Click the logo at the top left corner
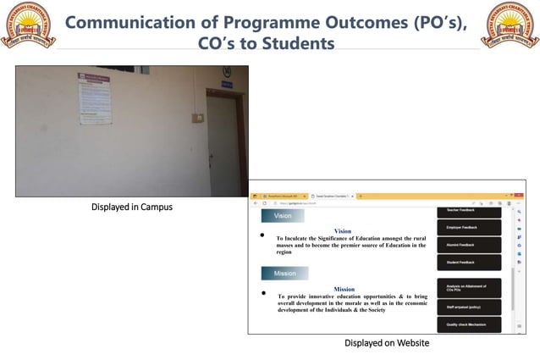(27, 25)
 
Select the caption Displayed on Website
(387, 343)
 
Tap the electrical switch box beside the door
(197, 118)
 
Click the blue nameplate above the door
(227, 84)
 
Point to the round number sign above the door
(226, 71)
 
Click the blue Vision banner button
(282, 216)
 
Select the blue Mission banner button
(284, 274)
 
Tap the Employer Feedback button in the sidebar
(468, 228)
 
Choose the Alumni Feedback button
(468, 245)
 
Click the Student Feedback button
(468, 263)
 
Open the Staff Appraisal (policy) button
(468, 307)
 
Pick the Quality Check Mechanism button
(468, 324)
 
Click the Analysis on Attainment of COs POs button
(468, 288)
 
